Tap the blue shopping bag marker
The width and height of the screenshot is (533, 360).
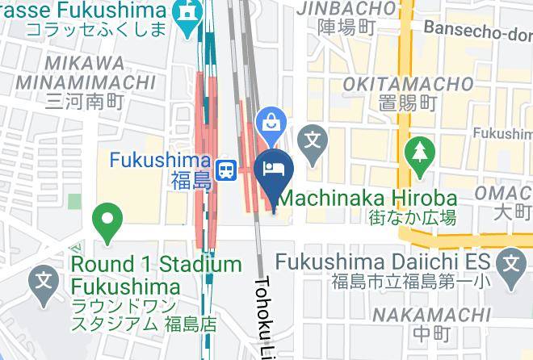(270, 124)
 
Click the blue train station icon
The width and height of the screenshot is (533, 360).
(229, 169)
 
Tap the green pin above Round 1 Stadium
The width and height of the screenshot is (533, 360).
(107, 219)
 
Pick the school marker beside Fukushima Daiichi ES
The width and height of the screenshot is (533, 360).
(511, 262)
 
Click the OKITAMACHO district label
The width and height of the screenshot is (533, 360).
(408, 84)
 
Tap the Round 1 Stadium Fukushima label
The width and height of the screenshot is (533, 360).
(156, 275)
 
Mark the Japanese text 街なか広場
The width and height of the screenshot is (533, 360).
(413, 217)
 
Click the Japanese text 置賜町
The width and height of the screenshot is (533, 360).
(408, 103)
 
